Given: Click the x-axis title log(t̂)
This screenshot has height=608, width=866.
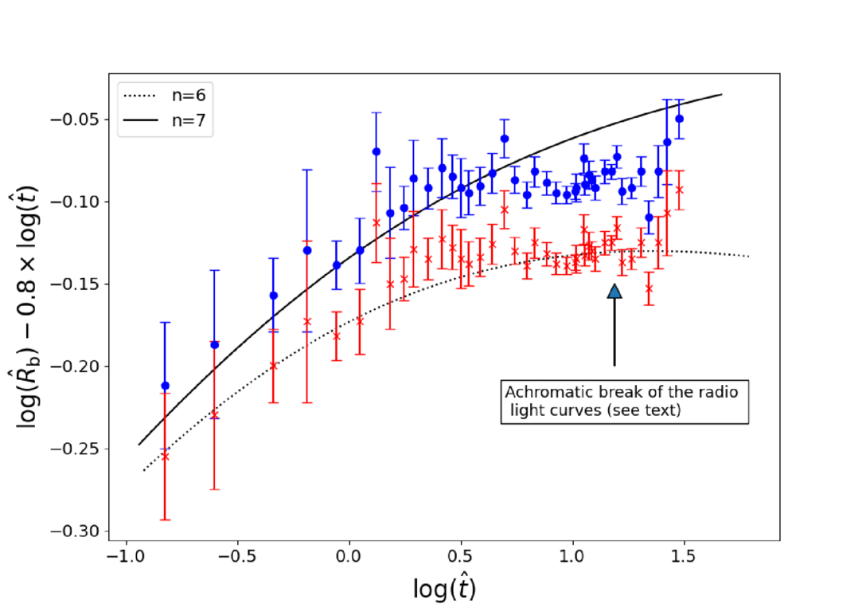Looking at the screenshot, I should pyautogui.click(x=444, y=589).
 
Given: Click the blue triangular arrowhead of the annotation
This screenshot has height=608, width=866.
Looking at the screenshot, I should pyautogui.click(x=614, y=291).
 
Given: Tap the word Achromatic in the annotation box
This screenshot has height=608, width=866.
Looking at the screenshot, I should pyautogui.click(x=544, y=393).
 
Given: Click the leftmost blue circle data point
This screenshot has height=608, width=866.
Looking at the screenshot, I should pyautogui.click(x=166, y=386).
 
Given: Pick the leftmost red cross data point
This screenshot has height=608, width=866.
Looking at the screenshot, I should pyautogui.click(x=166, y=456).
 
